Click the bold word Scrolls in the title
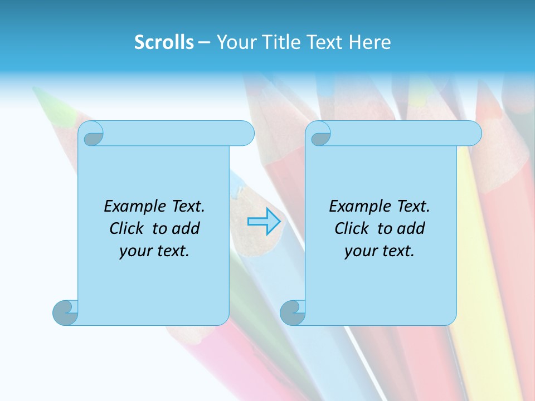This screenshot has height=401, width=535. pos(164,42)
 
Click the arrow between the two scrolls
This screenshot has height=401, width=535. pos(266,222)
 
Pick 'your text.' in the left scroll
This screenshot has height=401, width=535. pos(154,251)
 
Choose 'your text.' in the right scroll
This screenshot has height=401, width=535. pos(380,251)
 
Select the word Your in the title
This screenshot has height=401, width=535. pos(235,42)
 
